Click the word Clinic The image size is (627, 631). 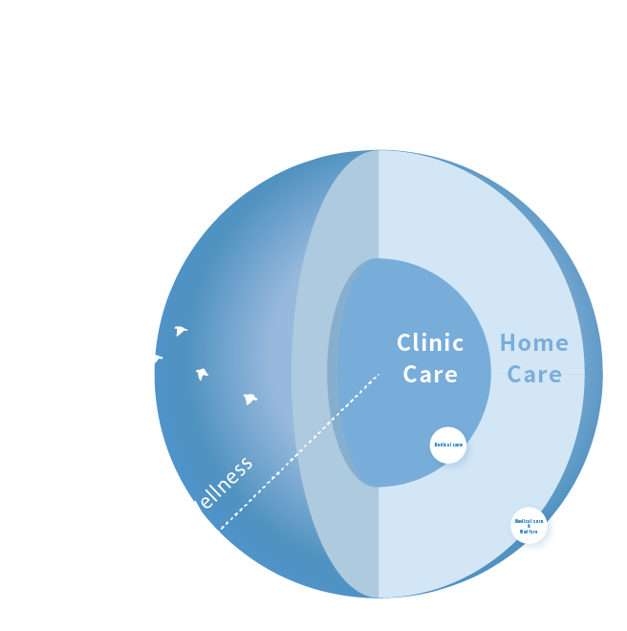click(430, 343)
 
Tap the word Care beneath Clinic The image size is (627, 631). click(430, 375)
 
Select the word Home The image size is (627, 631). click(533, 343)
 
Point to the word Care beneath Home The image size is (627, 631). click(534, 375)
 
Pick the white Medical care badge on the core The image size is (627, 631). click(448, 445)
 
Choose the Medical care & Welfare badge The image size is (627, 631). click(529, 525)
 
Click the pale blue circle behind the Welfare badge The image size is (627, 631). click(547, 539)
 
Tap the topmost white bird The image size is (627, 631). click(180, 331)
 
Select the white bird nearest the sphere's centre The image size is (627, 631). click(249, 399)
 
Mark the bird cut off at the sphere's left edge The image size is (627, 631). click(158, 359)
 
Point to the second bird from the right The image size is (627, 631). click(202, 374)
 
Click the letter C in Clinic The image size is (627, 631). click(404, 343)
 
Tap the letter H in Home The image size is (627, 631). click(508, 343)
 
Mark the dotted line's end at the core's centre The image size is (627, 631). click(378, 374)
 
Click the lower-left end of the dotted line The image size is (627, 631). click(221, 529)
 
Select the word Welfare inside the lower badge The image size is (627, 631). click(529, 531)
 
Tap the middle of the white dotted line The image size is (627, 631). click(300, 451)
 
